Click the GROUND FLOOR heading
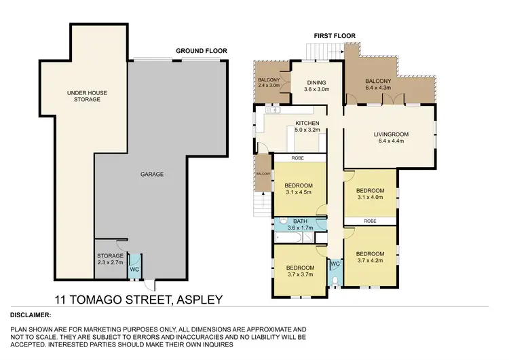pos(201,51)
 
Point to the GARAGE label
pos(152,175)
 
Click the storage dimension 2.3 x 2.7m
pos(109,263)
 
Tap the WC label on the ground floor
pos(134,268)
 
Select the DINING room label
pos(316,82)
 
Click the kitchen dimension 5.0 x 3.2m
pos(307,130)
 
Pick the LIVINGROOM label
pos(389,134)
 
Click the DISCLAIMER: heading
pos(32,315)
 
